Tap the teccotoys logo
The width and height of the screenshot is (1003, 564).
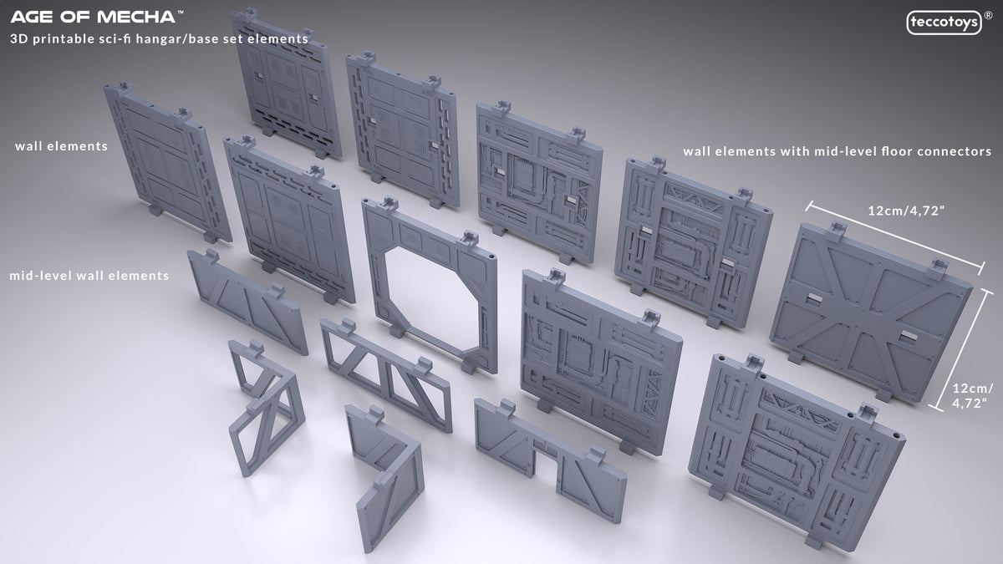click(944, 23)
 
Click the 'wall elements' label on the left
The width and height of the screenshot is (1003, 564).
click(61, 146)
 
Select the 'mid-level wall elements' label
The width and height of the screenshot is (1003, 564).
click(89, 275)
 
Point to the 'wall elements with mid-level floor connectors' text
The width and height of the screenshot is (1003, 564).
click(838, 151)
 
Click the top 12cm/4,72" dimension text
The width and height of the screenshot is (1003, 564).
click(906, 211)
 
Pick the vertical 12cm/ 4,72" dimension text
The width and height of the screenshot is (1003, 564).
click(971, 396)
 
